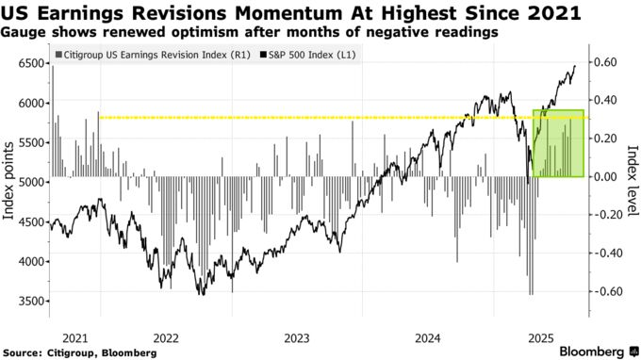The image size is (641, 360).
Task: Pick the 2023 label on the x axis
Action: (x=297, y=336)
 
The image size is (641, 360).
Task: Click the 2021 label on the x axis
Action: (x=70, y=336)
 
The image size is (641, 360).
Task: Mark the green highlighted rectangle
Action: (x=558, y=143)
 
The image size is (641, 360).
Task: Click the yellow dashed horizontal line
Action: (x=283, y=118)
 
